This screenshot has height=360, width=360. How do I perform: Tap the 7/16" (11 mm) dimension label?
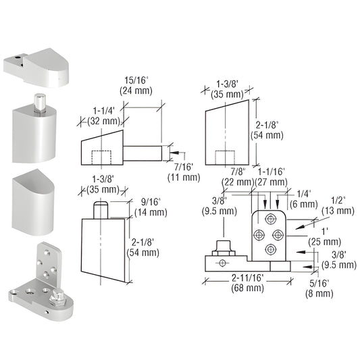point(183,172)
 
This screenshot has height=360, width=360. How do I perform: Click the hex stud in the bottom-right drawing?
point(220,247)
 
